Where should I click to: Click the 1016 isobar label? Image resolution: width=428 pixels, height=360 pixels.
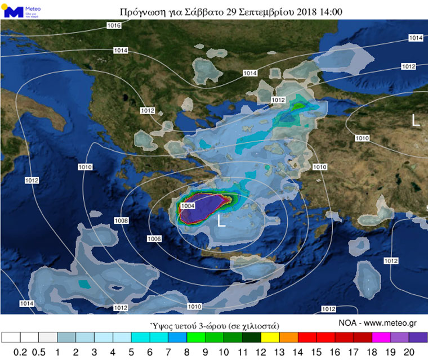point(114,26)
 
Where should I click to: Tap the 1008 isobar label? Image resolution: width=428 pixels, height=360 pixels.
point(121,220)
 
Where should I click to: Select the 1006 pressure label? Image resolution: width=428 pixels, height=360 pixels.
point(155,239)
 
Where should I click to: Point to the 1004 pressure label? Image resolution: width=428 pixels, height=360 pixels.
point(188,206)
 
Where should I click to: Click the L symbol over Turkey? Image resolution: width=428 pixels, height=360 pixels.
point(416,120)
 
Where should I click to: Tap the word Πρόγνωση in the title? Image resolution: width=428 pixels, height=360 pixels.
point(141,11)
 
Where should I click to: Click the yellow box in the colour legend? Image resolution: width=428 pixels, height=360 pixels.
point(270,337)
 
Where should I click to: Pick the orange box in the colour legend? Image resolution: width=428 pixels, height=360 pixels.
point(288,337)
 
